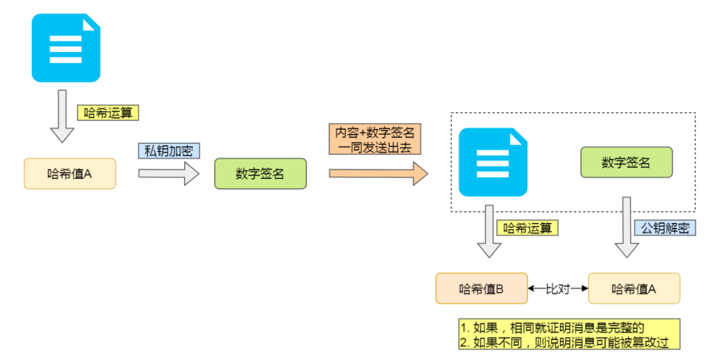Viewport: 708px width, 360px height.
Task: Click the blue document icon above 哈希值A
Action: click(66, 49)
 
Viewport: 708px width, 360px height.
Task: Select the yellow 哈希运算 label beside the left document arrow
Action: click(108, 113)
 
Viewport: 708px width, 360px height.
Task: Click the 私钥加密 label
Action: click(168, 151)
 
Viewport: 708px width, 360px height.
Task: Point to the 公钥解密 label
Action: click(665, 228)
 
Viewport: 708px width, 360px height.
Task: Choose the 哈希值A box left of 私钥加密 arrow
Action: click(70, 173)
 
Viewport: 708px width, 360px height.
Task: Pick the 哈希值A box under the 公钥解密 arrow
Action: click(633, 288)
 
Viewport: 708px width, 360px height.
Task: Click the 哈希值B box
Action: click(481, 288)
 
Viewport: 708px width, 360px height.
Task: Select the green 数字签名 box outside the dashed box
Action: click(260, 174)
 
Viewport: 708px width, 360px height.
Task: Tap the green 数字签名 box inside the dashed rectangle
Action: click(626, 162)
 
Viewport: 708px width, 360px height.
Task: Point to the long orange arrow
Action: click(378, 173)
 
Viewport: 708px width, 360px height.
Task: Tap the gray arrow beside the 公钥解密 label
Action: click(627, 227)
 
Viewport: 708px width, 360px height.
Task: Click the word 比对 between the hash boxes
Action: click(557, 288)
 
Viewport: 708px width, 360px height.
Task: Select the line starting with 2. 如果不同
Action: click(564, 342)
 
